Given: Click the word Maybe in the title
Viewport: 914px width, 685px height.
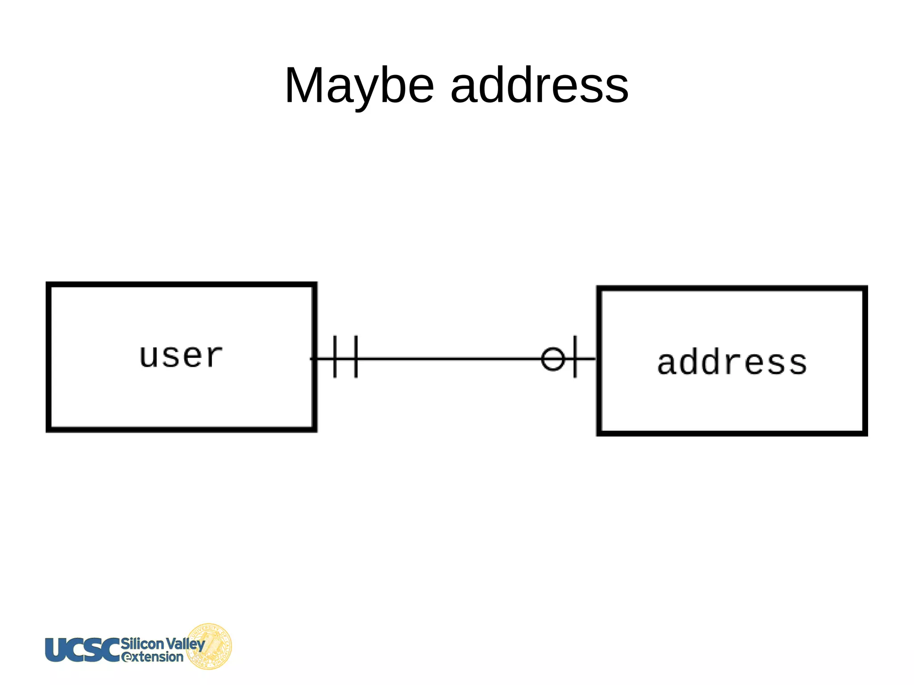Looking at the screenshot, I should click(359, 86).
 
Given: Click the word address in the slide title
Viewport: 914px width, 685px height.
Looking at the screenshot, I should click(539, 86).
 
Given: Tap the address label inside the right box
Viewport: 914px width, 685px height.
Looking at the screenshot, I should click(732, 362).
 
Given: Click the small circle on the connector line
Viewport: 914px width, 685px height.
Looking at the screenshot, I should click(553, 358).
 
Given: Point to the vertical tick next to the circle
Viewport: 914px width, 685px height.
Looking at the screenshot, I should click(575, 357).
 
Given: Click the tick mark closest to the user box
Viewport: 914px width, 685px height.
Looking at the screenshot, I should click(335, 357).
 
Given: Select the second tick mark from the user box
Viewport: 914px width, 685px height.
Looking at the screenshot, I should click(356, 357).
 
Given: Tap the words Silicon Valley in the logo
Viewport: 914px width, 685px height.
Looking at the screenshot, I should click(163, 643).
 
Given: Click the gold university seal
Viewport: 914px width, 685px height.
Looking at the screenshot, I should click(210, 646).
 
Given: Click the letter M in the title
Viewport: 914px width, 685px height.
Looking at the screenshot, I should click(305, 86).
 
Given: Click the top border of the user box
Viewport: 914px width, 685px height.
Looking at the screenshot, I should click(181, 284).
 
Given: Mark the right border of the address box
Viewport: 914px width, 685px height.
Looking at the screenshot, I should click(865, 361).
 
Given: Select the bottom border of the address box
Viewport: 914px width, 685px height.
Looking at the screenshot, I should click(732, 433).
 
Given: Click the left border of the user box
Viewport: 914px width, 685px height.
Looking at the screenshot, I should click(49, 357).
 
